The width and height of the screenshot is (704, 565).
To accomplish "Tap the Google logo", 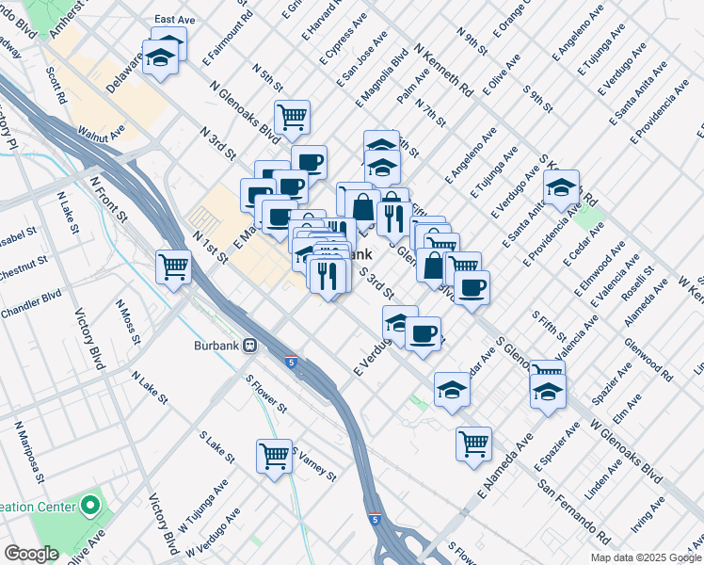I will [31, 554].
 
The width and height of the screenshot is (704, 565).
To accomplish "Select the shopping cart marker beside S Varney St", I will [275, 457].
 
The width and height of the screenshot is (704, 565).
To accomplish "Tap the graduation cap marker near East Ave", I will [162, 58].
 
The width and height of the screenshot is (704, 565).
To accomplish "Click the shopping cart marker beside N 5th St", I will [294, 117].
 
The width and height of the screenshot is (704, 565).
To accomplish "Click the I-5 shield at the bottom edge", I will [376, 518].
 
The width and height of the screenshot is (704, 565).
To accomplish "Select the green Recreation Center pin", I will [91, 506].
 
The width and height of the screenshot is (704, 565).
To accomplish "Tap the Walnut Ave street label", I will [102, 135].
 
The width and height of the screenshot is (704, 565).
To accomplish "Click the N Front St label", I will [108, 199].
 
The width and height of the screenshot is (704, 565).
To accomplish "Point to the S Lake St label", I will [216, 447].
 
